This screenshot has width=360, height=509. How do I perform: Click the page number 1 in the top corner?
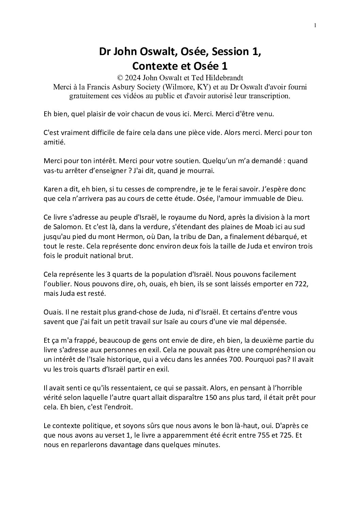pos(315,25)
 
